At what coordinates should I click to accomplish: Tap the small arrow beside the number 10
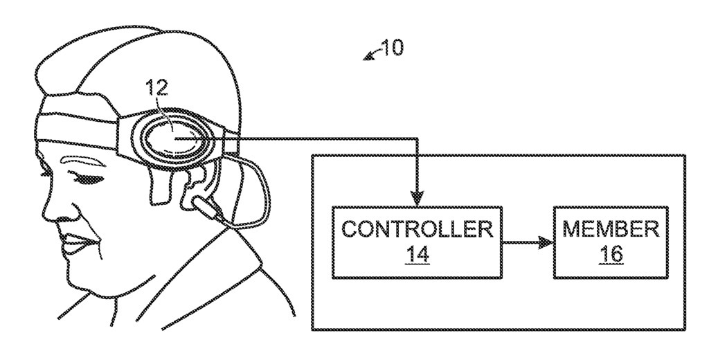[x=371, y=55]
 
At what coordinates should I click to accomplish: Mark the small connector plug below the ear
[x=208, y=207]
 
